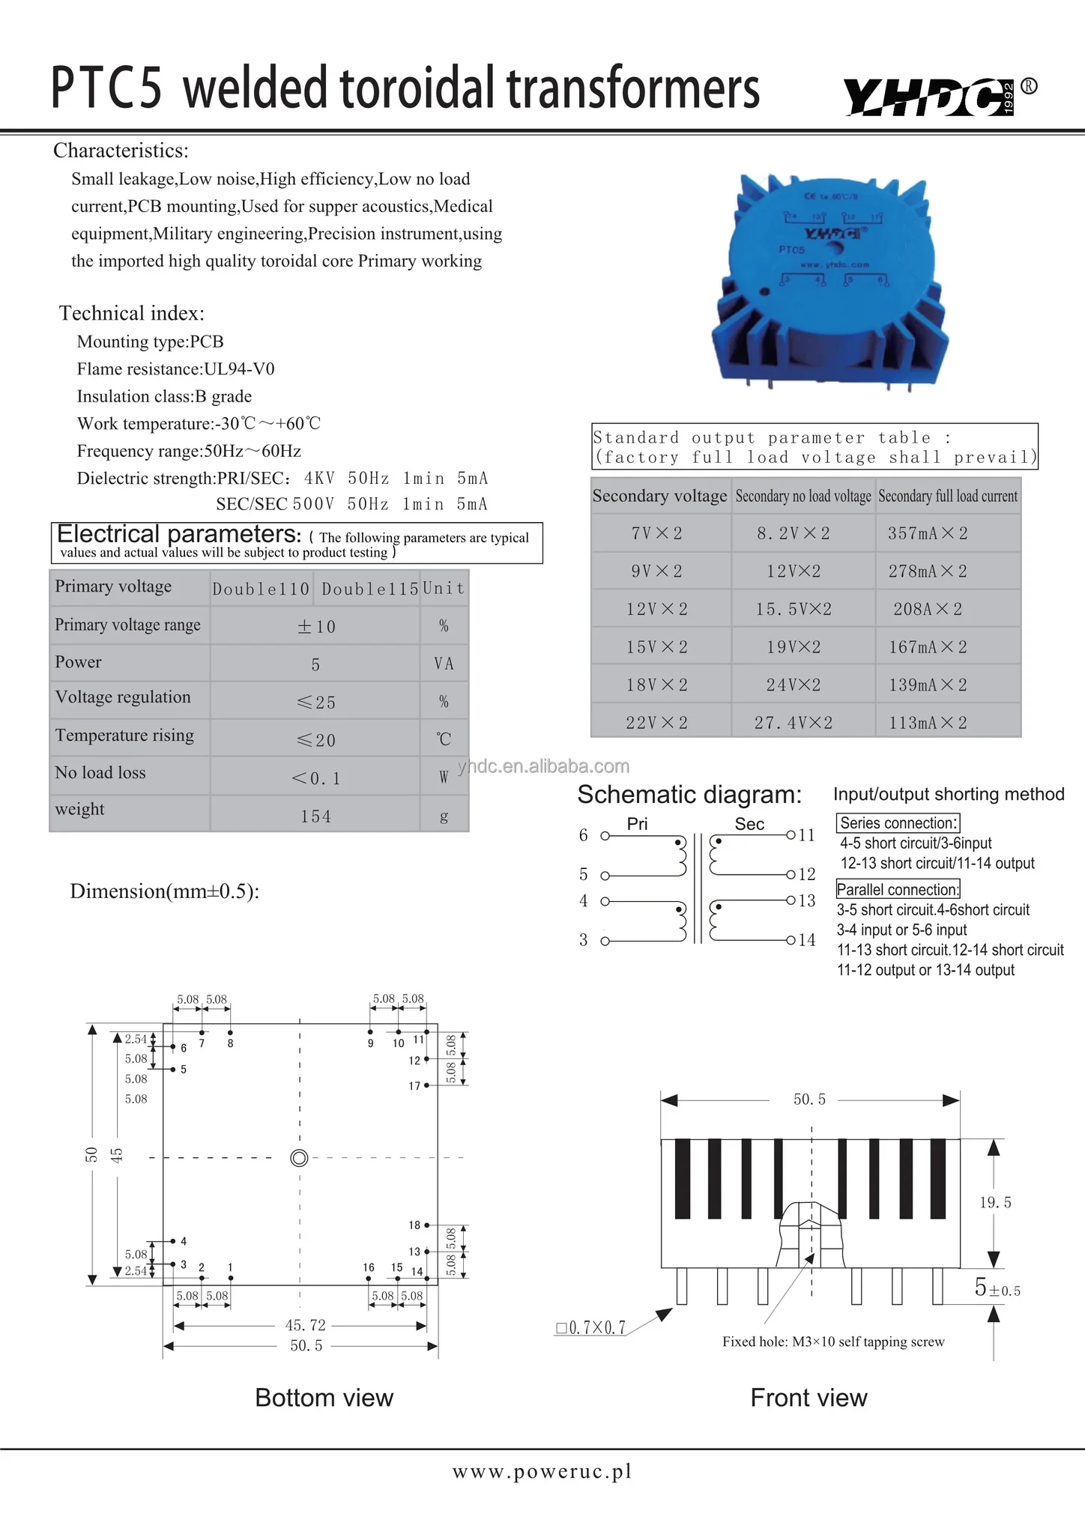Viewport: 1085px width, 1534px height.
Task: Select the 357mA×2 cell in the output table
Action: [x=928, y=533]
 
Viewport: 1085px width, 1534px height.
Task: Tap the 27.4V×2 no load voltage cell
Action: [x=794, y=723]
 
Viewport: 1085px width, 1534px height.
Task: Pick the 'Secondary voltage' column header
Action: [x=659, y=496]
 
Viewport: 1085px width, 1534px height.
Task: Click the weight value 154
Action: [x=315, y=816]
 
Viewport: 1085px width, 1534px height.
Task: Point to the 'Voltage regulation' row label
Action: [x=123, y=697]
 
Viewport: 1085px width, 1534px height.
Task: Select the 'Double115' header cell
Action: [x=369, y=589]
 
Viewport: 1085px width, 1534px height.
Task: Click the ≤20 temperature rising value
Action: [x=315, y=741]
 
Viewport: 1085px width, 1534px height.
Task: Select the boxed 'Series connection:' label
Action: [x=898, y=822]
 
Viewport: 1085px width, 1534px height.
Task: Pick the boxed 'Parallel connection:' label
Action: [x=898, y=889]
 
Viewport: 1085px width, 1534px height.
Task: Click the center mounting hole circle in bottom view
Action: [x=299, y=1158]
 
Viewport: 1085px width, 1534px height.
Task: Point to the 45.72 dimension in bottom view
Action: [x=305, y=1325]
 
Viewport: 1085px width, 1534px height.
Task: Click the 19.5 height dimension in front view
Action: [x=995, y=1202]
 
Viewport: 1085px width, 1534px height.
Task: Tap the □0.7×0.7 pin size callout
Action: [x=590, y=1328]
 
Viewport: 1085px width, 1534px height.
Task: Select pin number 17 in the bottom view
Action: [x=414, y=1086]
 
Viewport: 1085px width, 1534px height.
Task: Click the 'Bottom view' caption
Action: [x=324, y=1398]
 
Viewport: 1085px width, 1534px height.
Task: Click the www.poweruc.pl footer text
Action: [x=542, y=1472]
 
